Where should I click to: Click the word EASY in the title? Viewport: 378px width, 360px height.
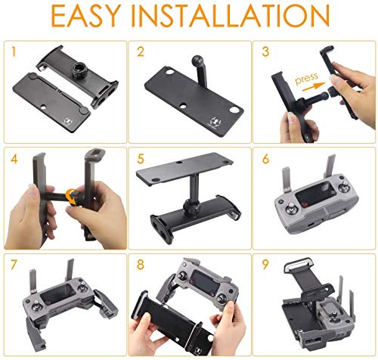(x=86, y=16)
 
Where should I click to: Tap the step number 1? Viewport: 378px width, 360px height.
(x=14, y=51)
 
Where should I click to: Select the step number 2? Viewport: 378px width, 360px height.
(x=141, y=51)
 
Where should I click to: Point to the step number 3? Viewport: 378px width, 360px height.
(x=265, y=51)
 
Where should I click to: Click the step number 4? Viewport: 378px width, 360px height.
(x=14, y=159)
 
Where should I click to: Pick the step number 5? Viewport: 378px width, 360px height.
(x=141, y=159)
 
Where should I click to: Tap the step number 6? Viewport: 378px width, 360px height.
(x=265, y=159)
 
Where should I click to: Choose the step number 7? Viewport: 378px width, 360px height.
(x=14, y=265)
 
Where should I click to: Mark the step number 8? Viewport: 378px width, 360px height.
(x=141, y=265)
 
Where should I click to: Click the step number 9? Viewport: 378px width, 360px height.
(x=265, y=265)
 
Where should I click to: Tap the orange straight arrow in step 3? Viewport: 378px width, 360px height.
(x=314, y=87)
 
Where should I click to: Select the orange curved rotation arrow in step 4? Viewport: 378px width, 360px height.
(x=71, y=197)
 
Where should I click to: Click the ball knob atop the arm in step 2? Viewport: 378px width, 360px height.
(x=197, y=61)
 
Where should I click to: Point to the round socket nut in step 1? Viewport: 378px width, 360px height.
(x=79, y=69)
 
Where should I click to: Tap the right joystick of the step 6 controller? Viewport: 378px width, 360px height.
(x=342, y=186)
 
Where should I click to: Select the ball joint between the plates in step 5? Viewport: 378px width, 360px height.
(x=190, y=205)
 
